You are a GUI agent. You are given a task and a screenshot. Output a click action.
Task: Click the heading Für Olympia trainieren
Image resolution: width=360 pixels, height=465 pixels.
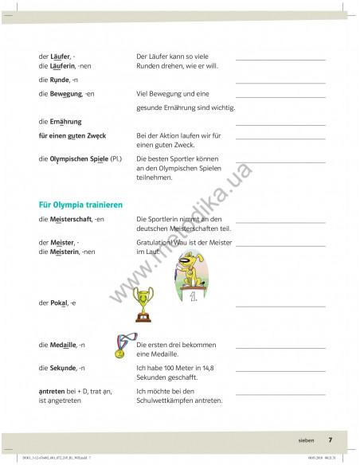pyautogui.click(x=80, y=205)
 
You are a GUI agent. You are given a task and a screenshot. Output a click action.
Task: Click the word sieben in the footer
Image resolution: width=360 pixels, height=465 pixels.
pyautogui.click(x=307, y=440)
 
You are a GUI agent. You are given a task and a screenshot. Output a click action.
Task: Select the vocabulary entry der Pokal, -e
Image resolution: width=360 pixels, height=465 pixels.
pyautogui.click(x=57, y=303)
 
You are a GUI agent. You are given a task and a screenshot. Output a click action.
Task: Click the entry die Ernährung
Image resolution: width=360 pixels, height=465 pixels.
pyautogui.click(x=61, y=122)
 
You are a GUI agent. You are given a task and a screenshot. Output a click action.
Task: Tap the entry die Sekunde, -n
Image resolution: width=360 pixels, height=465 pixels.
pyautogui.click(x=61, y=368)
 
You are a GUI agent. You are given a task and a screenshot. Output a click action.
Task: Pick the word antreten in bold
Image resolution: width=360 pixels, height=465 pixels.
pyautogui.click(x=53, y=392)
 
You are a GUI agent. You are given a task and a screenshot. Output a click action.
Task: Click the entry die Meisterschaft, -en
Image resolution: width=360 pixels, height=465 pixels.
pyautogui.click(x=72, y=219)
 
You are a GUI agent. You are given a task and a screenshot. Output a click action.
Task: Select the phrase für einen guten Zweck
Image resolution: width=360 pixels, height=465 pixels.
pyautogui.click(x=72, y=138)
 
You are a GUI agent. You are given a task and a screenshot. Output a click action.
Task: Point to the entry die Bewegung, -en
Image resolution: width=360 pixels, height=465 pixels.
pyautogui.click(x=66, y=94)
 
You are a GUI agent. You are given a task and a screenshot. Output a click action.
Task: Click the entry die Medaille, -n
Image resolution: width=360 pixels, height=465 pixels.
pyautogui.click(x=62, y=345)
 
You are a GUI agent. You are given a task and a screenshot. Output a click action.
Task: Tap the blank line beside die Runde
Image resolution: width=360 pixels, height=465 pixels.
pyautogui.click(x=280, y=83)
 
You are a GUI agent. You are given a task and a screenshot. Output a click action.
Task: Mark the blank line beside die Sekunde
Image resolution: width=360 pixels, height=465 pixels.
pyautogui.click(x=280, y=370)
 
